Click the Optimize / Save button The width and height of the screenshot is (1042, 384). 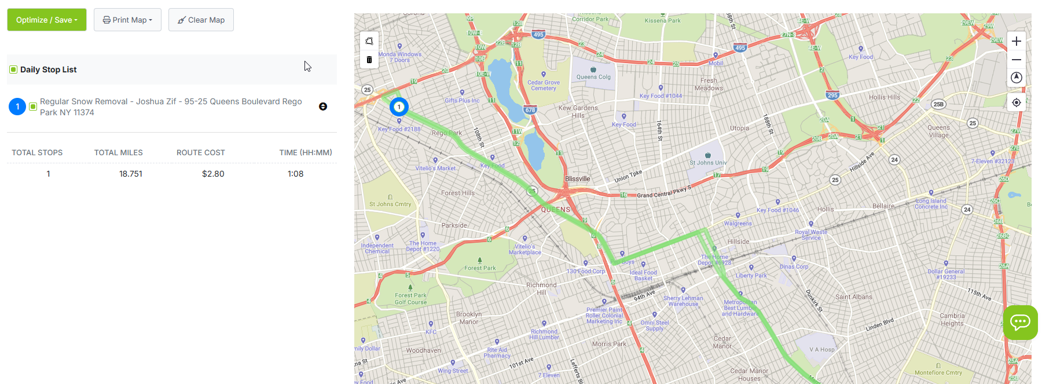point(46,20)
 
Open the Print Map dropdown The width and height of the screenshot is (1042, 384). point(127,20)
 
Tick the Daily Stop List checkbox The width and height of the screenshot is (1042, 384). point(13,70)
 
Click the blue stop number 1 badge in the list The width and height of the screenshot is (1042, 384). point(17,107)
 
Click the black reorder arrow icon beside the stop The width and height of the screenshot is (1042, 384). point(323,107)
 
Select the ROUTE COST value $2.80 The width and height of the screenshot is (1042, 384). point(213,174)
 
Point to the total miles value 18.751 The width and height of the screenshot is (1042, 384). point(131,174)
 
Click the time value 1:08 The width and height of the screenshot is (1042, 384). point(295,174)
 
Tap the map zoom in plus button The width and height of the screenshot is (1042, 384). point(1017,41)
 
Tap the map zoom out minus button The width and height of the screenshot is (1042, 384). point(1017,60)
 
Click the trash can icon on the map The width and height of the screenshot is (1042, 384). point(369,60)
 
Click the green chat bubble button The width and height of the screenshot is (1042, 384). point(1020,322)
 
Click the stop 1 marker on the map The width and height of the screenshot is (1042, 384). point(399,107)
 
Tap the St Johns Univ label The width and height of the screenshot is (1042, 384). point(707,163)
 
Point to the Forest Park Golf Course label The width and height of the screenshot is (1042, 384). point(410,298)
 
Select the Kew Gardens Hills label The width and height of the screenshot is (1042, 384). point(578,111)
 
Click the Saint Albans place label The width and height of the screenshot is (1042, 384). point(853,297)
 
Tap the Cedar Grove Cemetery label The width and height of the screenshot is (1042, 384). point(543,85)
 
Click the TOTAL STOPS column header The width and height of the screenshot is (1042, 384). point(37,153)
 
